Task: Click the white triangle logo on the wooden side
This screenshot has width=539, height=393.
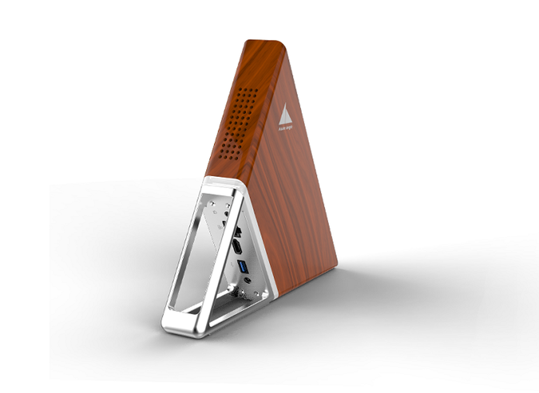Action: click(x=285, y=115)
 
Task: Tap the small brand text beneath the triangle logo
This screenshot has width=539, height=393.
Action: click(x=286, y=129)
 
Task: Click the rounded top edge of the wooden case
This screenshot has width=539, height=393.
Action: click(x=264, y=43)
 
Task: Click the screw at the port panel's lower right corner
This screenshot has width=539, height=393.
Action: click(x=264, y=293)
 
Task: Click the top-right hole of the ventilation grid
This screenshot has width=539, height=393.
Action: click(x=255, y=90)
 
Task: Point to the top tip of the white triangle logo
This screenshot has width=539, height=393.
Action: click(x=286, y=105)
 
